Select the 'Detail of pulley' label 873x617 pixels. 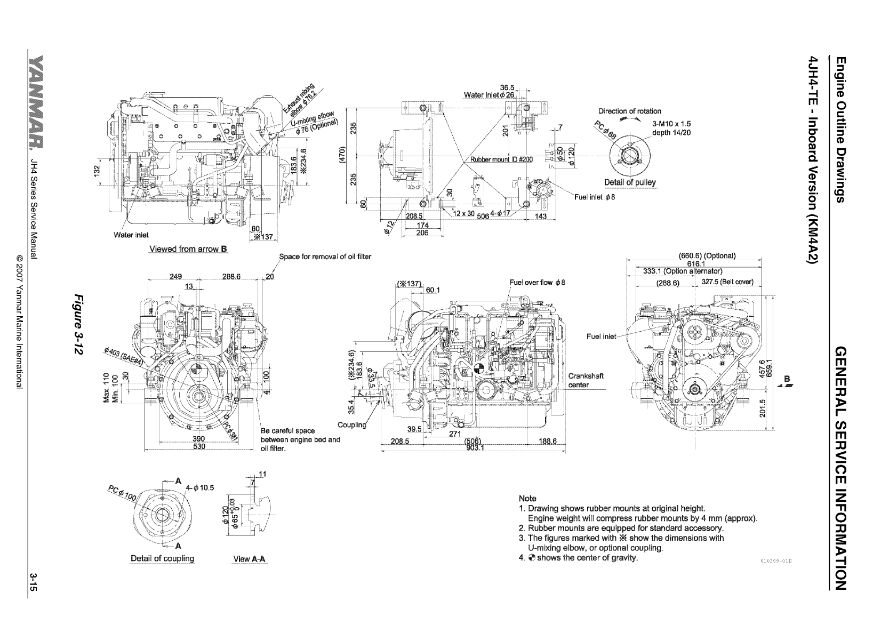[630, 182]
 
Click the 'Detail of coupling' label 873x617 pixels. [163, 558]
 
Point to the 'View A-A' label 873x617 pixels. [250, 559]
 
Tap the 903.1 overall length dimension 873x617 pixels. [474, 447]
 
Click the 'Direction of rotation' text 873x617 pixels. [629, 111]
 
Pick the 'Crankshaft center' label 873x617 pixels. [586, 380]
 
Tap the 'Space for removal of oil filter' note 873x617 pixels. [325, 257]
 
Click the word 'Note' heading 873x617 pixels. [527, 499]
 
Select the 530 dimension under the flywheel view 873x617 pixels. [199, 446]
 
